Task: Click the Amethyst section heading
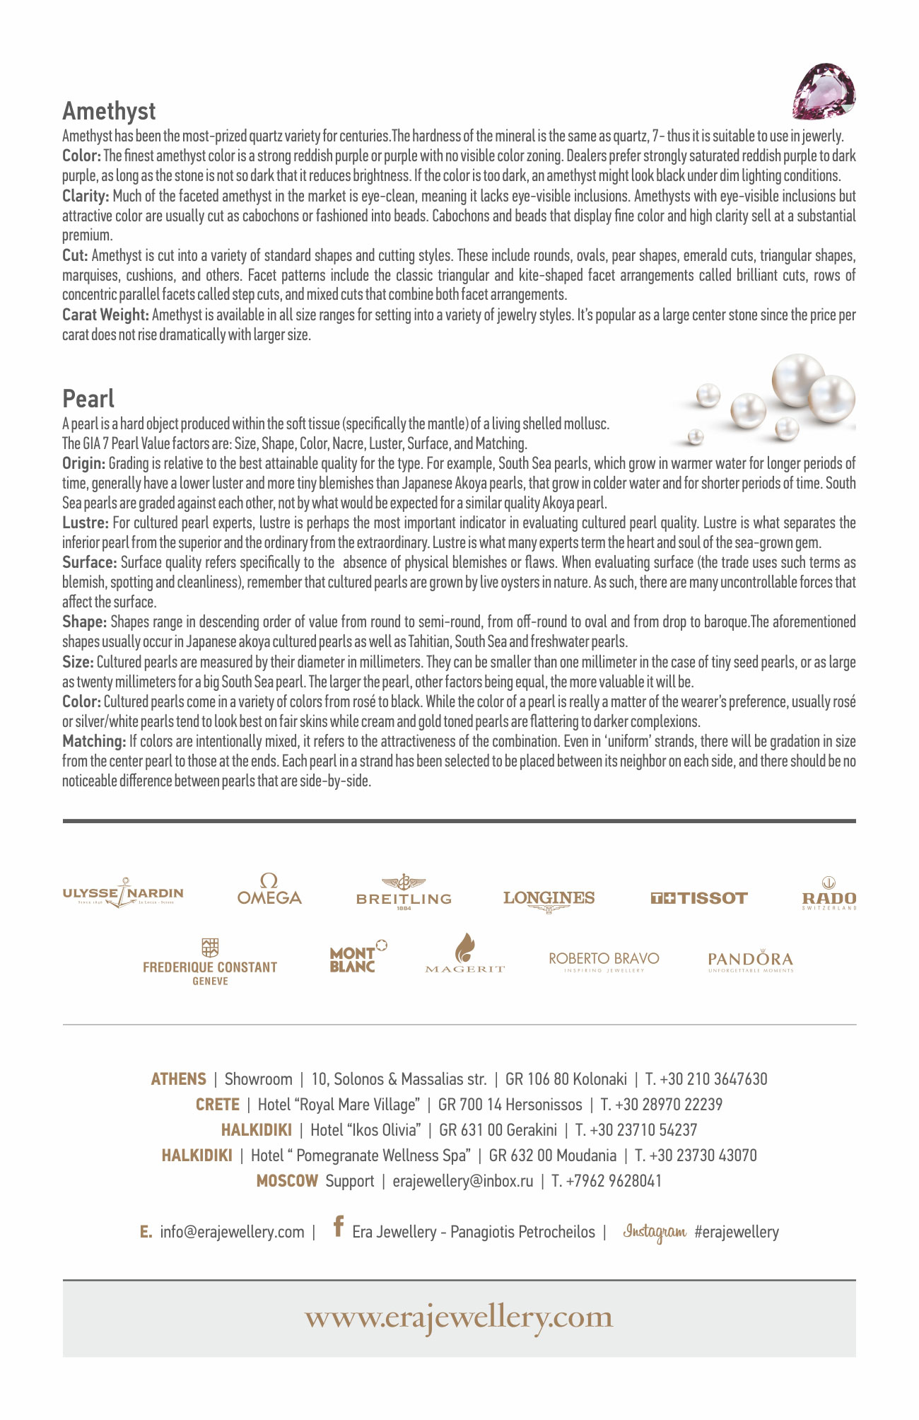click(x=109, y=111)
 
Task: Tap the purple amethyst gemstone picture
click(x=824, y=91)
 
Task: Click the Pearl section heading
click(x=88, y=399)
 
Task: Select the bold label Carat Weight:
click(x=105, y=315)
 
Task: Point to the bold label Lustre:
click(x=86, y=523)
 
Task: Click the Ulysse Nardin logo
click(x=123, y=894)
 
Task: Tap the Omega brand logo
click(x=269, y=890)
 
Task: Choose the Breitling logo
click(x=404, y=892)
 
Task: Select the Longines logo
click(x=549, y=900)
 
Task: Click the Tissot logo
click(x=698, y=898)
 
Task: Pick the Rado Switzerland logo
click(x=829, y=894)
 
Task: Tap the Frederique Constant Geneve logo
click(x=210, y=963)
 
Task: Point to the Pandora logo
click(x=750, y=960)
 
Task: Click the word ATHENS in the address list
click(x=178, y=1079)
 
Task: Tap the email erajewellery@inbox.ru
click(x=463, y=1181)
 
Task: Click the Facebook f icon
click(x=339, y=1226)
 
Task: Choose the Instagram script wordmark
click(x=654, y=1232)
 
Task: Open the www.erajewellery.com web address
click(x=459, y=1317)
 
